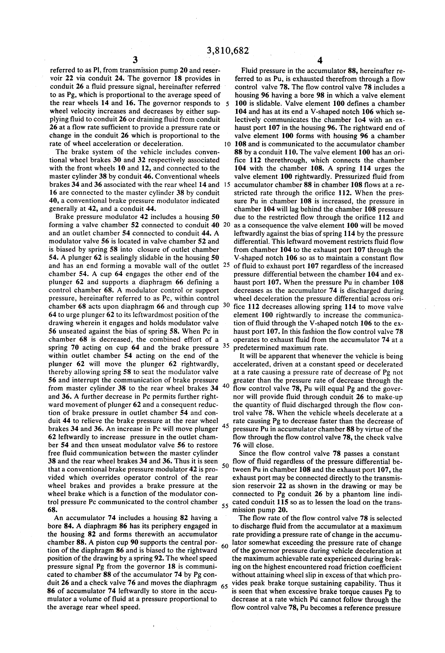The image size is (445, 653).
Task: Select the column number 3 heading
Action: [x=135, y=60]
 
